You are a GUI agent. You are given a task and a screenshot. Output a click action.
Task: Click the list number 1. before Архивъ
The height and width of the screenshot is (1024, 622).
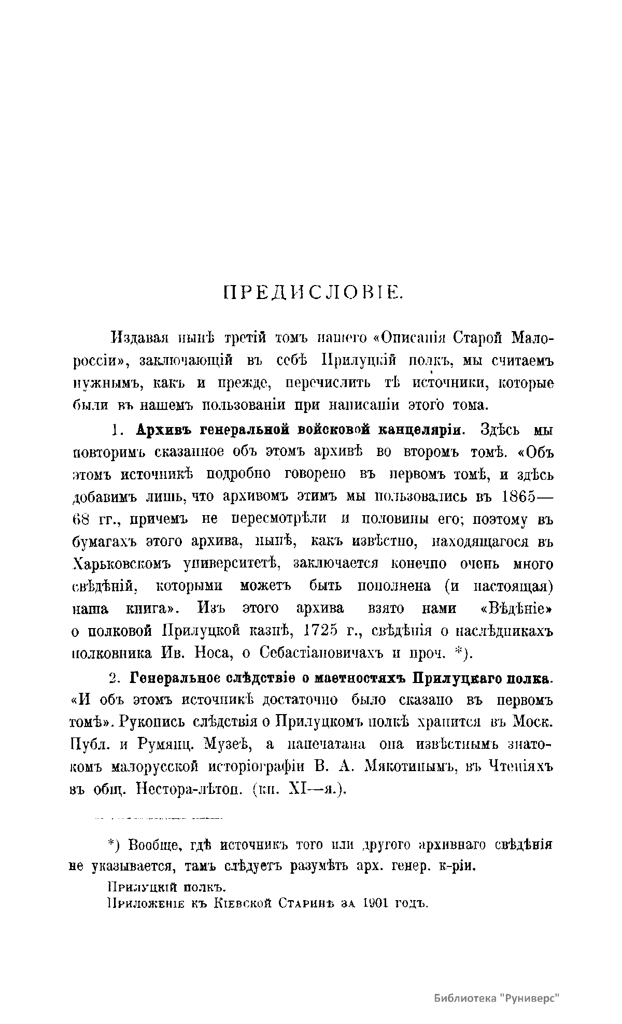click(117, 430)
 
